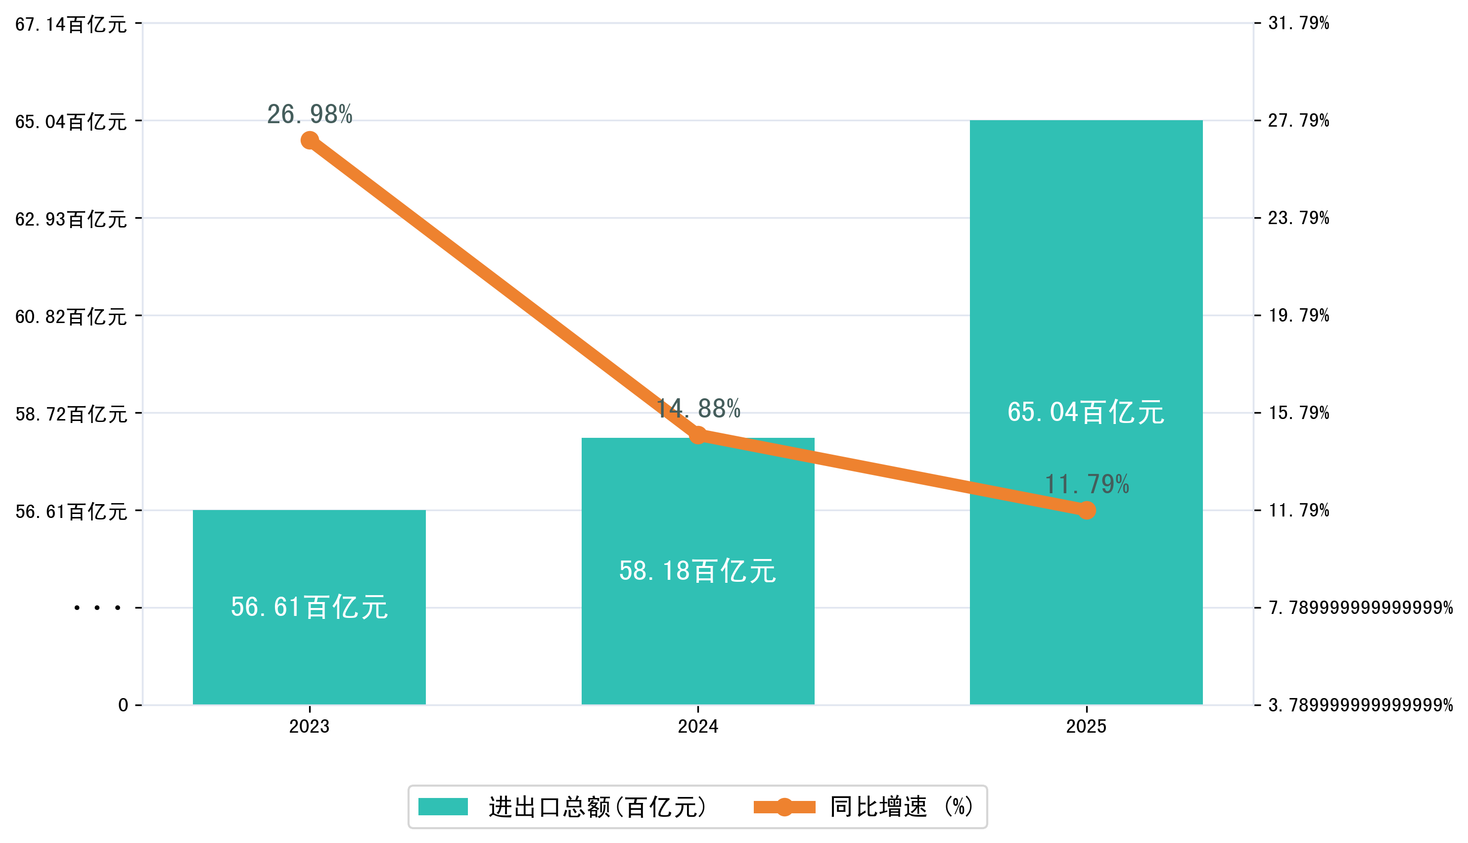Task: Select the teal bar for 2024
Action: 697,637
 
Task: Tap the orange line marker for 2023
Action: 310,140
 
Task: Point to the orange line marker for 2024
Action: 698,435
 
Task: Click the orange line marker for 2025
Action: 1087,510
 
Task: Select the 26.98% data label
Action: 310,115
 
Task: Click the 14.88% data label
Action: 698,409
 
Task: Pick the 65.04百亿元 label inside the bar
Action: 1086,412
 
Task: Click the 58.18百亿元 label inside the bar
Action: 697,571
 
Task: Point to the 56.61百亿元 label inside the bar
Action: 309,608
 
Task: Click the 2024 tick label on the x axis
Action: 697,727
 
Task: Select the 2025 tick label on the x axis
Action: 1086,727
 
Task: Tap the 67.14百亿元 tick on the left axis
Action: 71,24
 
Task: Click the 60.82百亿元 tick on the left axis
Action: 71,317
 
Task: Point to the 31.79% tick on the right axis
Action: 1298,23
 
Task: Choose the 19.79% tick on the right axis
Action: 1298,316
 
